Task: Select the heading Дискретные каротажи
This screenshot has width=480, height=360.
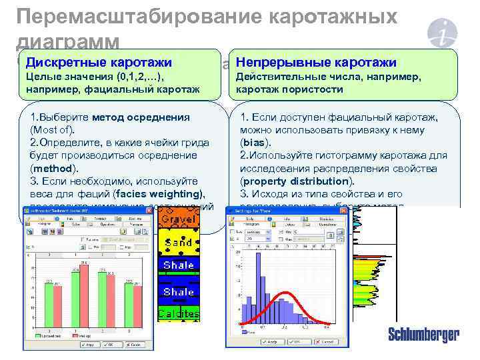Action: coord(99,63)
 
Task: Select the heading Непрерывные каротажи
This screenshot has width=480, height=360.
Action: coord(317,63)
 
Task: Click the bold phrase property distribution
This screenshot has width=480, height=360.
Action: coord(295,181)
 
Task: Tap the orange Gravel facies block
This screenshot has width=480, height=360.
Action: coord(178,219)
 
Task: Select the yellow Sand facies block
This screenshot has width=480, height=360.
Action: coord(178,243)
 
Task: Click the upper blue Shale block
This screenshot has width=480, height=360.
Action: coord(178,265)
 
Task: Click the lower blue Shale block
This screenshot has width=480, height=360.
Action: coord(178,291)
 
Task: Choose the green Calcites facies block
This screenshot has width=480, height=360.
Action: coord(178,313)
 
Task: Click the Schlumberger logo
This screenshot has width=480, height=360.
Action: coord(423,335)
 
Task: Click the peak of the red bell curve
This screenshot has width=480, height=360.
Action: coord(285,293)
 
